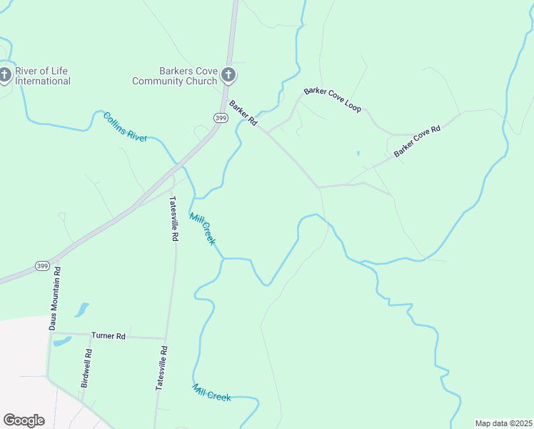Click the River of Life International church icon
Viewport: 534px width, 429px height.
coord(5,74)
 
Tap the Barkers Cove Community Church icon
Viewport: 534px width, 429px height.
coord(228,74)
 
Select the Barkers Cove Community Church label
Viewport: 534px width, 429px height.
coord(174,76)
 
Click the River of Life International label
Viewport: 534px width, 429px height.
coord(43,76)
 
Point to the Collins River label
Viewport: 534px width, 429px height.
coord(125,127)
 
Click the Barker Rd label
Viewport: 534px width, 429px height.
coord(243,113)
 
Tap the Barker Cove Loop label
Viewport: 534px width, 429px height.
coord(333,99)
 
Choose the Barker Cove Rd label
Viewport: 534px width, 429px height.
coord(417,141)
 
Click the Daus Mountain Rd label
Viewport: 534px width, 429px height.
coord(56,298)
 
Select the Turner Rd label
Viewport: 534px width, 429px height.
coord(109,335)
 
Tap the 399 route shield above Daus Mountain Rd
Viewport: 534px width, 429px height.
coord(42,266)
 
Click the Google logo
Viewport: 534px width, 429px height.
coord(24,420)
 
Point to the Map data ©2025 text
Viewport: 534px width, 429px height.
coord(503,423)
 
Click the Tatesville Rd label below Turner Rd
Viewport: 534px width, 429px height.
coord(161,368)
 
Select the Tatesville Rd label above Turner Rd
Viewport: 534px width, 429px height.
coord(173,220)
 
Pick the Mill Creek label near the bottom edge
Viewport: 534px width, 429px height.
coord(212,392)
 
